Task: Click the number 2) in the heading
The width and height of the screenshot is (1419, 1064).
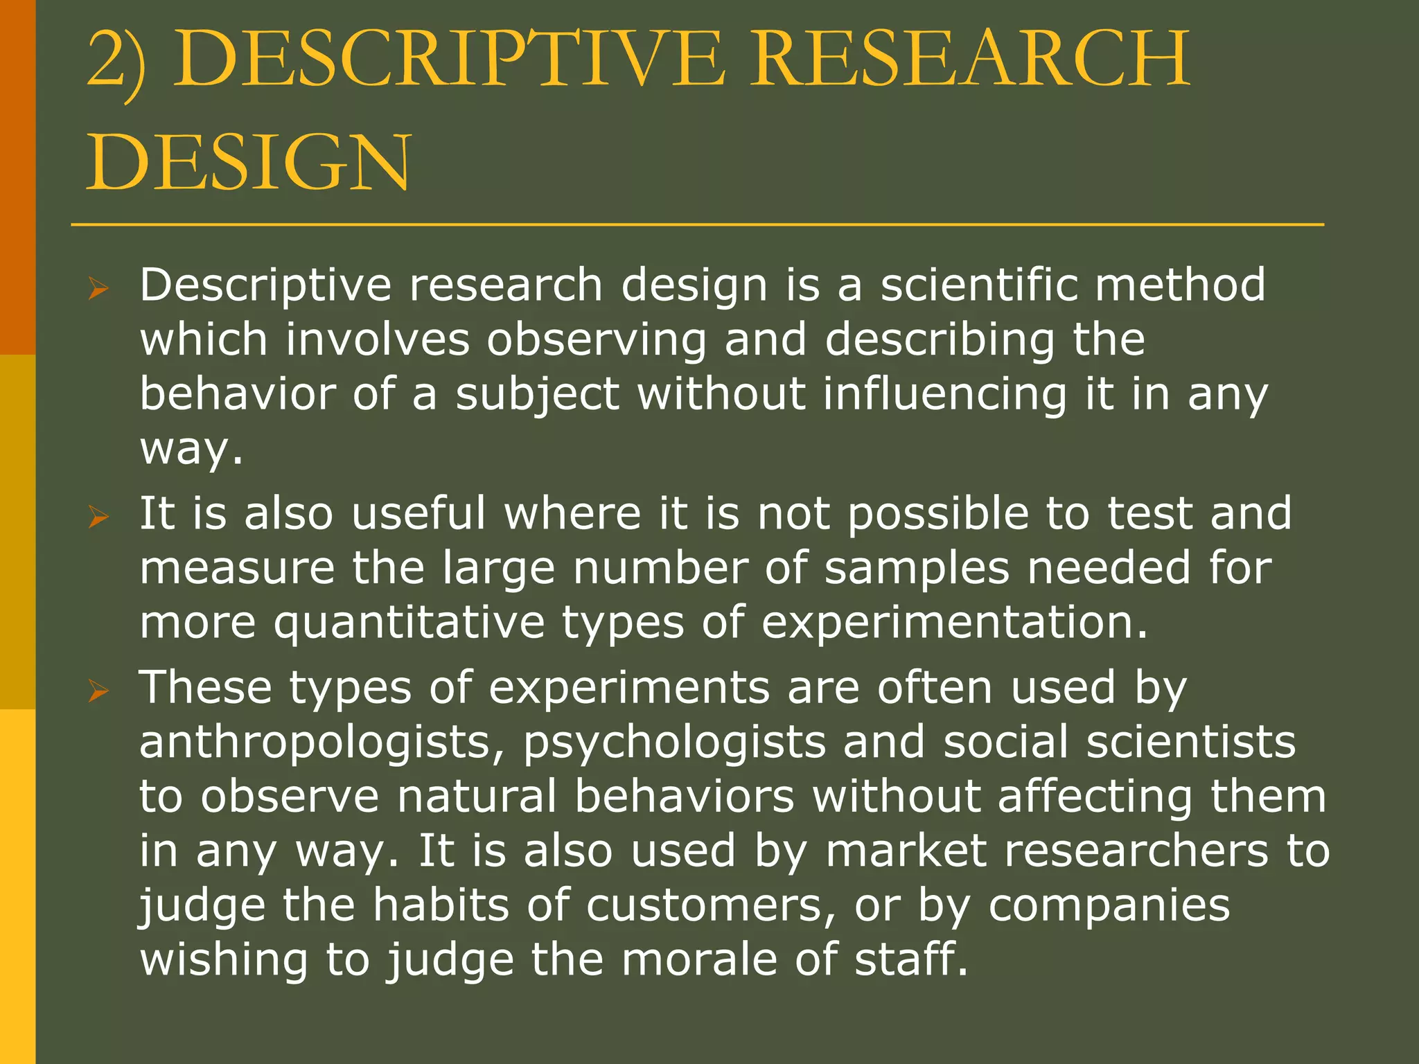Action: tap(116, 62)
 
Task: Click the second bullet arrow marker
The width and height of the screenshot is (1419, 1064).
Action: tap(98, 516)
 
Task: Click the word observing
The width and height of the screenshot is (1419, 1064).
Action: tap(597, 341)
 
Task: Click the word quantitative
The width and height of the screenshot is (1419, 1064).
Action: tap(409, 623)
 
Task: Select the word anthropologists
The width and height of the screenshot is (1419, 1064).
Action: tap(322, 743)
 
